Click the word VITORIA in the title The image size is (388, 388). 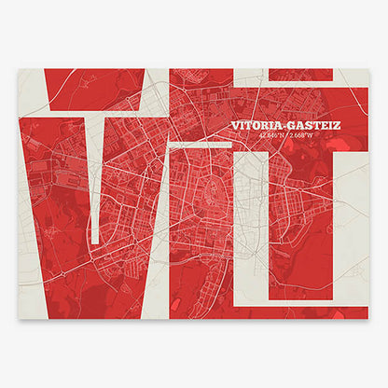coord(256,125)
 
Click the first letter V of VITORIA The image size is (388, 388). coord(234,125)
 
